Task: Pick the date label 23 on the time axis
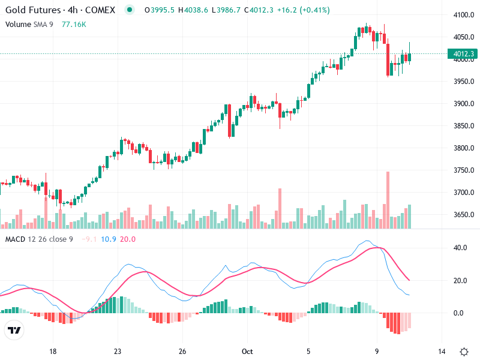[118, 351]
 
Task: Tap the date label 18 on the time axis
[53, 351]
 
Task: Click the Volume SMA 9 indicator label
[30, 24]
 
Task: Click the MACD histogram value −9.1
[89, 239]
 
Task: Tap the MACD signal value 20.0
[128, 239]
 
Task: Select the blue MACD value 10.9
[109, 239]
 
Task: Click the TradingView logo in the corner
[14, 331]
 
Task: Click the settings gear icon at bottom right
[464, 351]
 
